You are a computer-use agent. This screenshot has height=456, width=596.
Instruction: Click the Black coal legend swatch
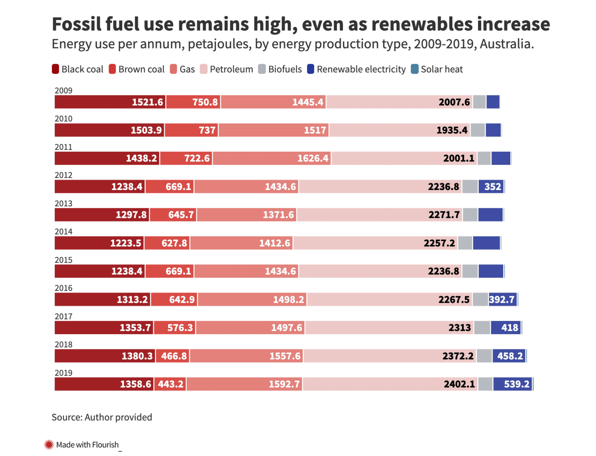click(55, 69)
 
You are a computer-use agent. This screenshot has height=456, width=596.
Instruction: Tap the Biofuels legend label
click(285, 69)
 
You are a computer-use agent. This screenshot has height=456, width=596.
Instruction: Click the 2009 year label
click(64, 90)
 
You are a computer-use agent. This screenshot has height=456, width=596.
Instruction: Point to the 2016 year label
click(64, 288)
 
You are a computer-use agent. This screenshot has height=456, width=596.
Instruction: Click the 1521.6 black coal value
click(147, 102)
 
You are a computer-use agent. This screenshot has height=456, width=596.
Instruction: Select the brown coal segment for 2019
click(170, 384)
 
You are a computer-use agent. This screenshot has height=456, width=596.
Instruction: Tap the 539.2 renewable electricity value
click(516, 384)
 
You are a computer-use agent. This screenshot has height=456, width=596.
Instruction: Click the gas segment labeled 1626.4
click(313, 159)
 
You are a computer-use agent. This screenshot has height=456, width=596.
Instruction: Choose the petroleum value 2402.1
click(459, 384)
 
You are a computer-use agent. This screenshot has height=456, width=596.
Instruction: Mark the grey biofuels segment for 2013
click(470, 215)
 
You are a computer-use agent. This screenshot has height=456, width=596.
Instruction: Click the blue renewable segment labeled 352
click(492, 187)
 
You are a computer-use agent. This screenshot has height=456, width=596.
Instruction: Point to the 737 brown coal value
click(207, 130)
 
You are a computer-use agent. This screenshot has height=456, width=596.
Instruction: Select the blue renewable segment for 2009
click(493, 102)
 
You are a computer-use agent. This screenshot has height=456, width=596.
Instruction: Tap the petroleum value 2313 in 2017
click(460, 328)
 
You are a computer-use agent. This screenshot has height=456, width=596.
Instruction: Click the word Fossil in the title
click(76, 24)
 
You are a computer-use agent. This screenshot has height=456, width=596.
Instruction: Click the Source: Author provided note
click(102, 417)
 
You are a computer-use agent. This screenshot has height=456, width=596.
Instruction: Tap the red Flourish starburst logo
click(49, 444)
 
